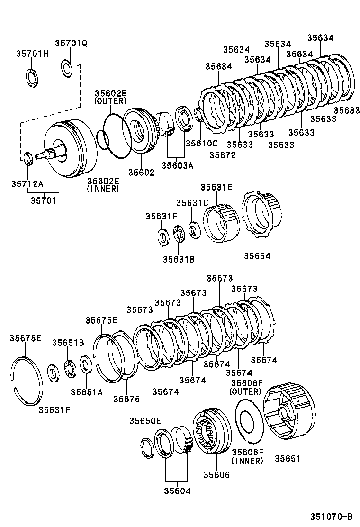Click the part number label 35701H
pos(32,53)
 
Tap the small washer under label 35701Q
pos(67,68)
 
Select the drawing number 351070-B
pos(332,516)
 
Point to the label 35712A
pos(27,184)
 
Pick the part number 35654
pos(257,256)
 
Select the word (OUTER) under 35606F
pos(245,391)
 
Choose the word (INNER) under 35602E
pos(103,189)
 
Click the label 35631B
pos(179,259)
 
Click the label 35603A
pos(177,165)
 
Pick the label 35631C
pos(192,203)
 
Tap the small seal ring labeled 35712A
pos(28,157)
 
